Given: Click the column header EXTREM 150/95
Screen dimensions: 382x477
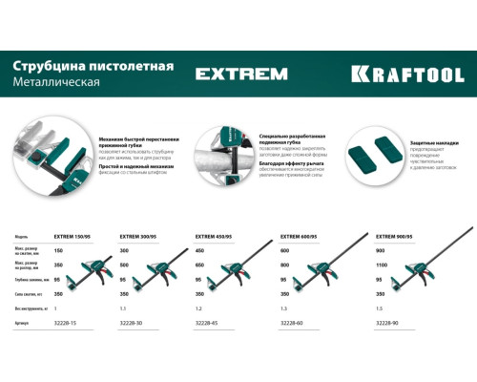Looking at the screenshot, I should point(76,235).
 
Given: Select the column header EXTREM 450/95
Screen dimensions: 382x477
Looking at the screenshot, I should point(217,235).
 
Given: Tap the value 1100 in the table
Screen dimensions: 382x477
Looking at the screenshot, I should point(384,264).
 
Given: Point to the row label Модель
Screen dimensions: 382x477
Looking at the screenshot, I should point(26,235).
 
